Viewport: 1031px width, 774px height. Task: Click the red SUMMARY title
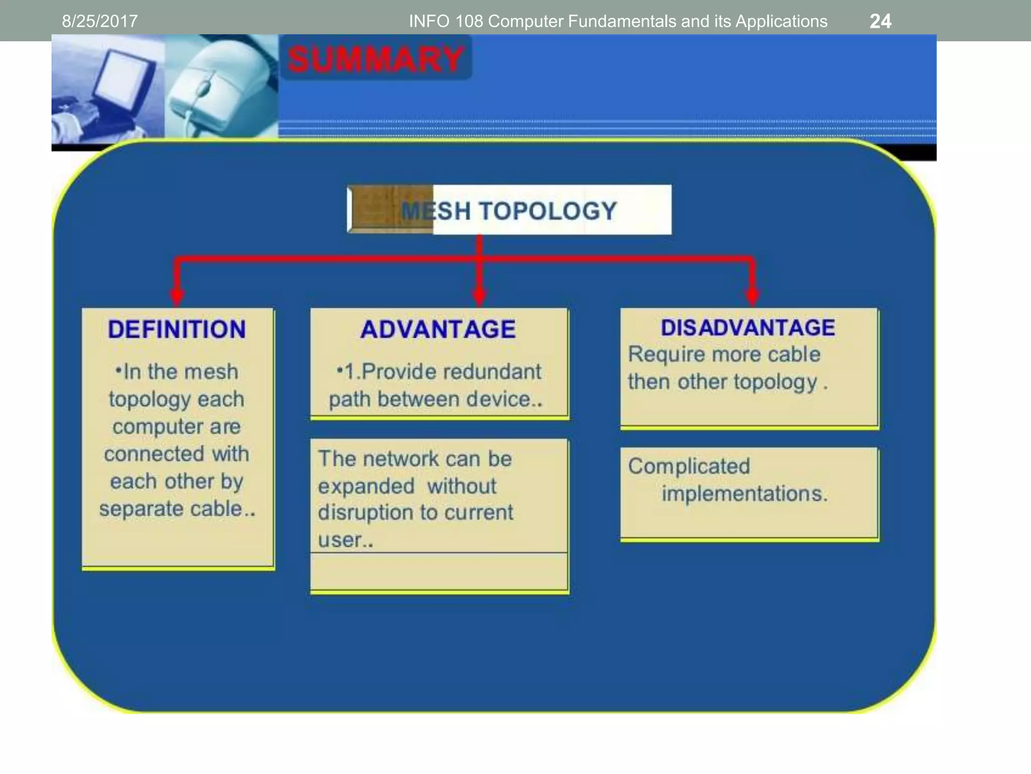click(376, 59)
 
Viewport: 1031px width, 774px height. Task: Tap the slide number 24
click(880, 21)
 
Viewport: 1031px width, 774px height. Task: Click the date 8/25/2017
click(100, 21)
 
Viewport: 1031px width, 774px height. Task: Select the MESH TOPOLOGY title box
click(509, 210)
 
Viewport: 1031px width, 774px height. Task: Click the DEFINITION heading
click(177, 330)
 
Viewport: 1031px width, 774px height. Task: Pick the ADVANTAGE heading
click(438, 330)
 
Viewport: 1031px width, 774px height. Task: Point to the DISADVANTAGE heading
click(748, 328)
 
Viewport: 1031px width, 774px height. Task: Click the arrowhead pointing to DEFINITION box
click(177, 296)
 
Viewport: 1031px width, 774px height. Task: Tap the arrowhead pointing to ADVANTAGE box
click(479, 296)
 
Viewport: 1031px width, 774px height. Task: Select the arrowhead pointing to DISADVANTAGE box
click(752, 296)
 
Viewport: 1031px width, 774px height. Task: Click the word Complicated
click(689, 466)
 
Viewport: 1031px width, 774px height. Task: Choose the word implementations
click(744, 493)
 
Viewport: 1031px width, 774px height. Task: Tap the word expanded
click(366, 487)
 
